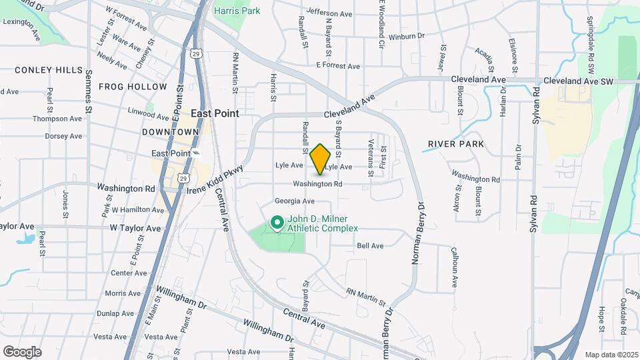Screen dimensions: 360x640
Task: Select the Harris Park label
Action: pyautogui.click(x=237, y=11)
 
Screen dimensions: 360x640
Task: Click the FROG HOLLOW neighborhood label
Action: pyautogui.click(x=133, y=87)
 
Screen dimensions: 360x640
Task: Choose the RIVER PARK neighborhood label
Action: pyautogui.click(x=456, y=144)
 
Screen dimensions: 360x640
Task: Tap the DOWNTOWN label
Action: pyautogui.click(x=170, y=132)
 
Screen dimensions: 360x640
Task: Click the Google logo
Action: pyautogui.click(x=22, y=352)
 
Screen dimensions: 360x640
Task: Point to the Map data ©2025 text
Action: pyautogui.click(x=611, y=355)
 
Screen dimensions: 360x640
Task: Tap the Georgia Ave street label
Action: pyautogui.click(x=294, y=201)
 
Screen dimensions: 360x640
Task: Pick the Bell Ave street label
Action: pyautogui.click(x=370, y=246)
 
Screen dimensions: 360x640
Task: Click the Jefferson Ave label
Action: pyautogui.click(x=329, y=13)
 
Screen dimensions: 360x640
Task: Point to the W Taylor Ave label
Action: pyautogui.click(x=136, y=228)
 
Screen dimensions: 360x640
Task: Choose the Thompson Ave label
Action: pyautogui.click(x=57, y=119)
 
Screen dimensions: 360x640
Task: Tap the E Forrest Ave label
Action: pyautogui.click(x=338, y=66)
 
